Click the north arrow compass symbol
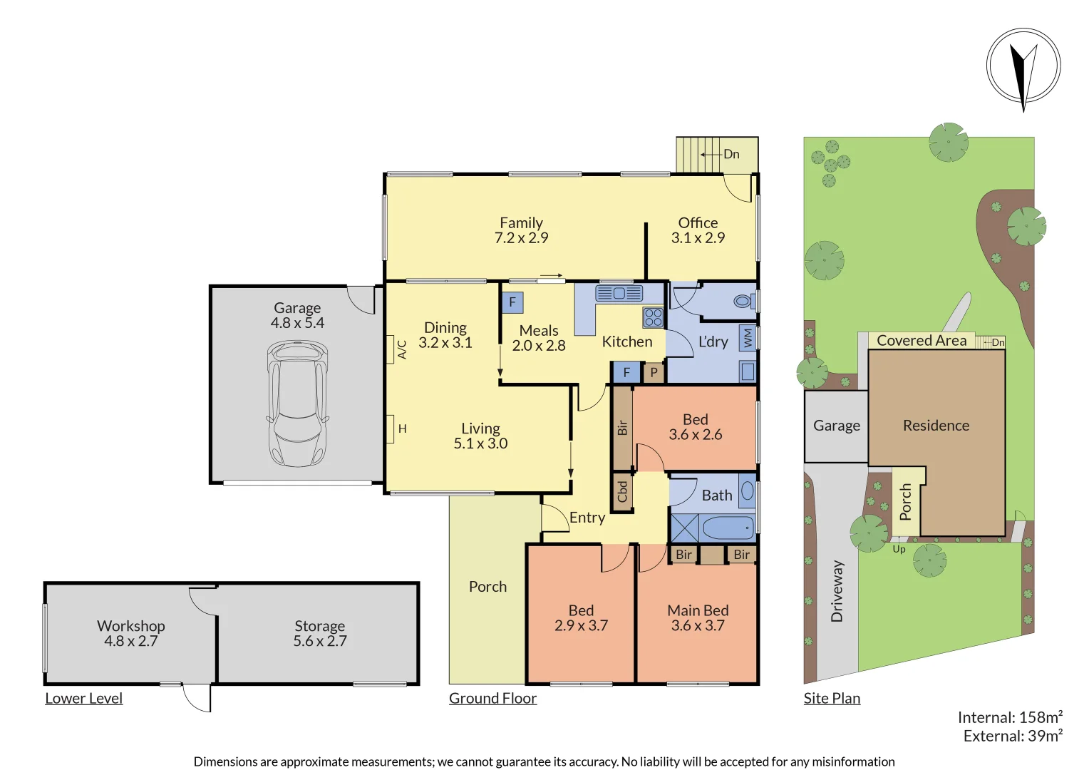pos(1023,66)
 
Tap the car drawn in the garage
pos(297,403)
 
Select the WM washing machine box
pos(747,337)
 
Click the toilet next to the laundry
pos(743,302)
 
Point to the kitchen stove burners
pos(653,317)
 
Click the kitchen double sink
pos(619,293)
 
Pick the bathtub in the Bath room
pos(728,528)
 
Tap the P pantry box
pos(654,372)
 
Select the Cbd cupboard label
pos(622,491)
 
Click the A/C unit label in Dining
pos(402,349)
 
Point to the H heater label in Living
pos(402,428)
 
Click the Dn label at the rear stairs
pos(731,154)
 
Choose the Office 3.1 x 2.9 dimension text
pos(698,238)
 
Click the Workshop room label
pos(131,625)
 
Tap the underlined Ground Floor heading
pos(492,698)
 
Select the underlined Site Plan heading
pos(832,698)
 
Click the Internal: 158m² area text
pos(1010,717)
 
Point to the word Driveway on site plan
pos(837,591)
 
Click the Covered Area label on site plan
pos(922,341)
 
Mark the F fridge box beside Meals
pos(512,302)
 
